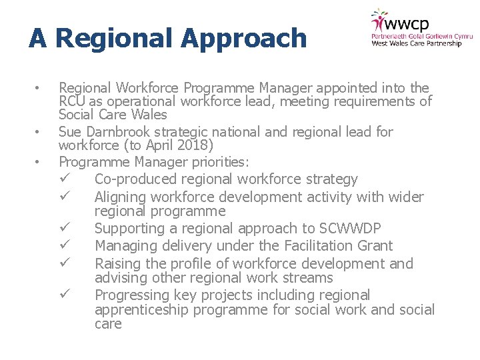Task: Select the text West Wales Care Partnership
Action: pyautogui.click(x=416, y=44)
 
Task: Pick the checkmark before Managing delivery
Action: pyautogui.click(x=65, y=245)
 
